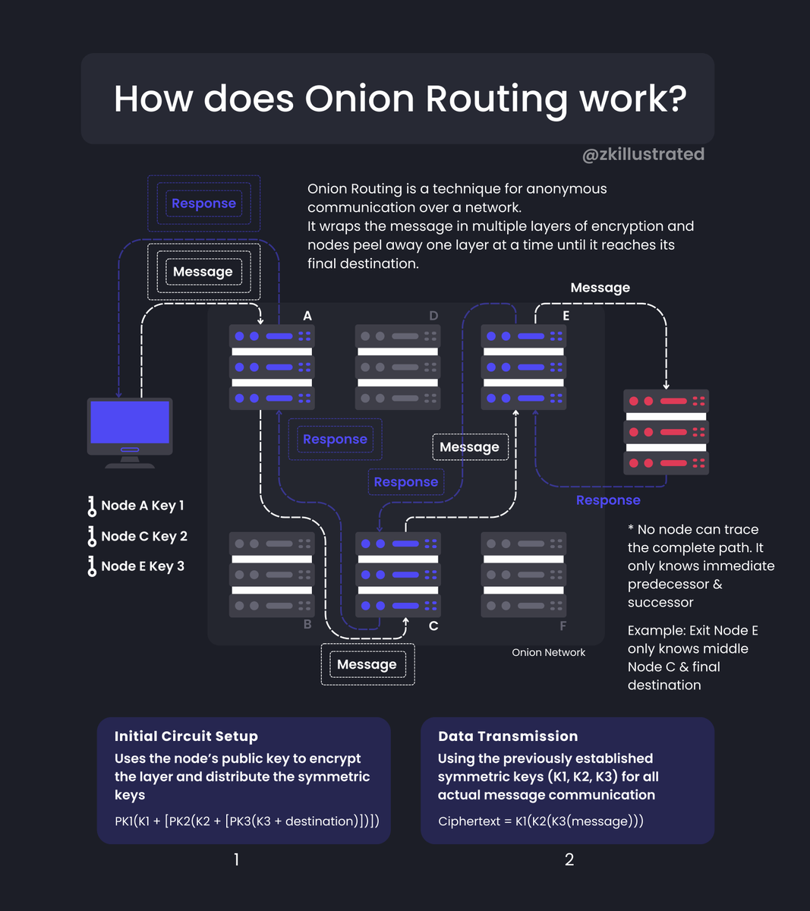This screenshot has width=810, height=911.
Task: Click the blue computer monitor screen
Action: pyautogui.click(x=130, y=422)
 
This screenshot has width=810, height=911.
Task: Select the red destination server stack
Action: pyautogui.click(x=666, y=432)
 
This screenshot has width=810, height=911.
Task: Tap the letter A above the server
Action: pyautogui.click(x=307, y=316)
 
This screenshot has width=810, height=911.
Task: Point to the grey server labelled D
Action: pyautogui.click(x=398, y=367)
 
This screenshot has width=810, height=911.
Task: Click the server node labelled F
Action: pyautogui.click(x=524, y=575)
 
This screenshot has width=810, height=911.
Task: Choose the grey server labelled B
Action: pyautogui.click(x=272, y=575)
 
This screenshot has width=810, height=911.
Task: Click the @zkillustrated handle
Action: pyautogui.click(x=643, y=154)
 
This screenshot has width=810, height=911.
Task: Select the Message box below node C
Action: pyautogui.click(x=367, y=664)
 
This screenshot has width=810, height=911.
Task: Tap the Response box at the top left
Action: pyautogui.click(x=203, y=203)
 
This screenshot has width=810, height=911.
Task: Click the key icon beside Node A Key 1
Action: pyautogui.click(x=92, y=506)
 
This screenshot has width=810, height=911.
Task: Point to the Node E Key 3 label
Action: pyautogui.click(x=143, y=566)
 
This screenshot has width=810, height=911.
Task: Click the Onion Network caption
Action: pyautogui.click(x=548, y=652)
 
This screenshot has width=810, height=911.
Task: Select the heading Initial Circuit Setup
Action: pyautogui.click(x=186, y=736)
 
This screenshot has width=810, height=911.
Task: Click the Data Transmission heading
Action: pyautogui.click(x=508, y=736)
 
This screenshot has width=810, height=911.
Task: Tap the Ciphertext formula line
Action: pyautogui.click(x=541, y=821)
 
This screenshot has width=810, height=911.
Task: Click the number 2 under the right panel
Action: pyautogui.click(x=569, y=859)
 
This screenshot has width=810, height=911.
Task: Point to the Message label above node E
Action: pyautogui.click(x=600, y=288)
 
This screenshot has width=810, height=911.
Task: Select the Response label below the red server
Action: pyautogui.click(x=608, y=500)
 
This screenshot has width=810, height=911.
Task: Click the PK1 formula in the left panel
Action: pyautogui.click(x=247, y=821)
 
